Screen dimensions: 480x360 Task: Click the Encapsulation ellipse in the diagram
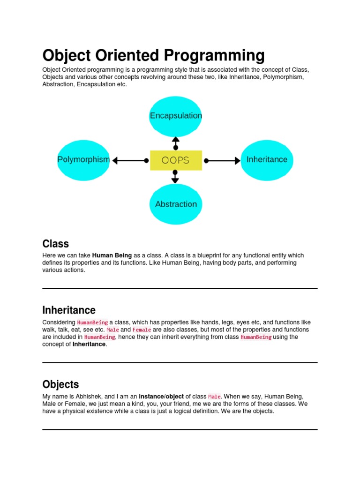(x=176, y=115)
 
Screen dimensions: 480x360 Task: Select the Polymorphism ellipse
(x=83, y=159)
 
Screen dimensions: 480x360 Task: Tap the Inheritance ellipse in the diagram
(x=267, y=159)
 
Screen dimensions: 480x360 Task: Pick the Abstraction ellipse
(x=176, y=204)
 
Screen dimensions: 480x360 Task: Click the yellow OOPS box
(x=176, y=160)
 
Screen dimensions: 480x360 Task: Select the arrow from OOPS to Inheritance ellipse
(x=222, y=160)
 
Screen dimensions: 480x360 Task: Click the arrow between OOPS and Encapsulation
(x=176, y=143)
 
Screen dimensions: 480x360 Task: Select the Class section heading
(x=55, y=244)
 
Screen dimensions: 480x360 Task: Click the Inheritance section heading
(x=69, y=310)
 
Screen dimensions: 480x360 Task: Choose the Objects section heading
(x=60, y=384)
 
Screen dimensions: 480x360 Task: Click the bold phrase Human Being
(x=112, y=255)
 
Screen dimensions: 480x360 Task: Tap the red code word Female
(x=142, y=330)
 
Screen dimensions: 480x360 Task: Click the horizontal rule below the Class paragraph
(x=180, y=288)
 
